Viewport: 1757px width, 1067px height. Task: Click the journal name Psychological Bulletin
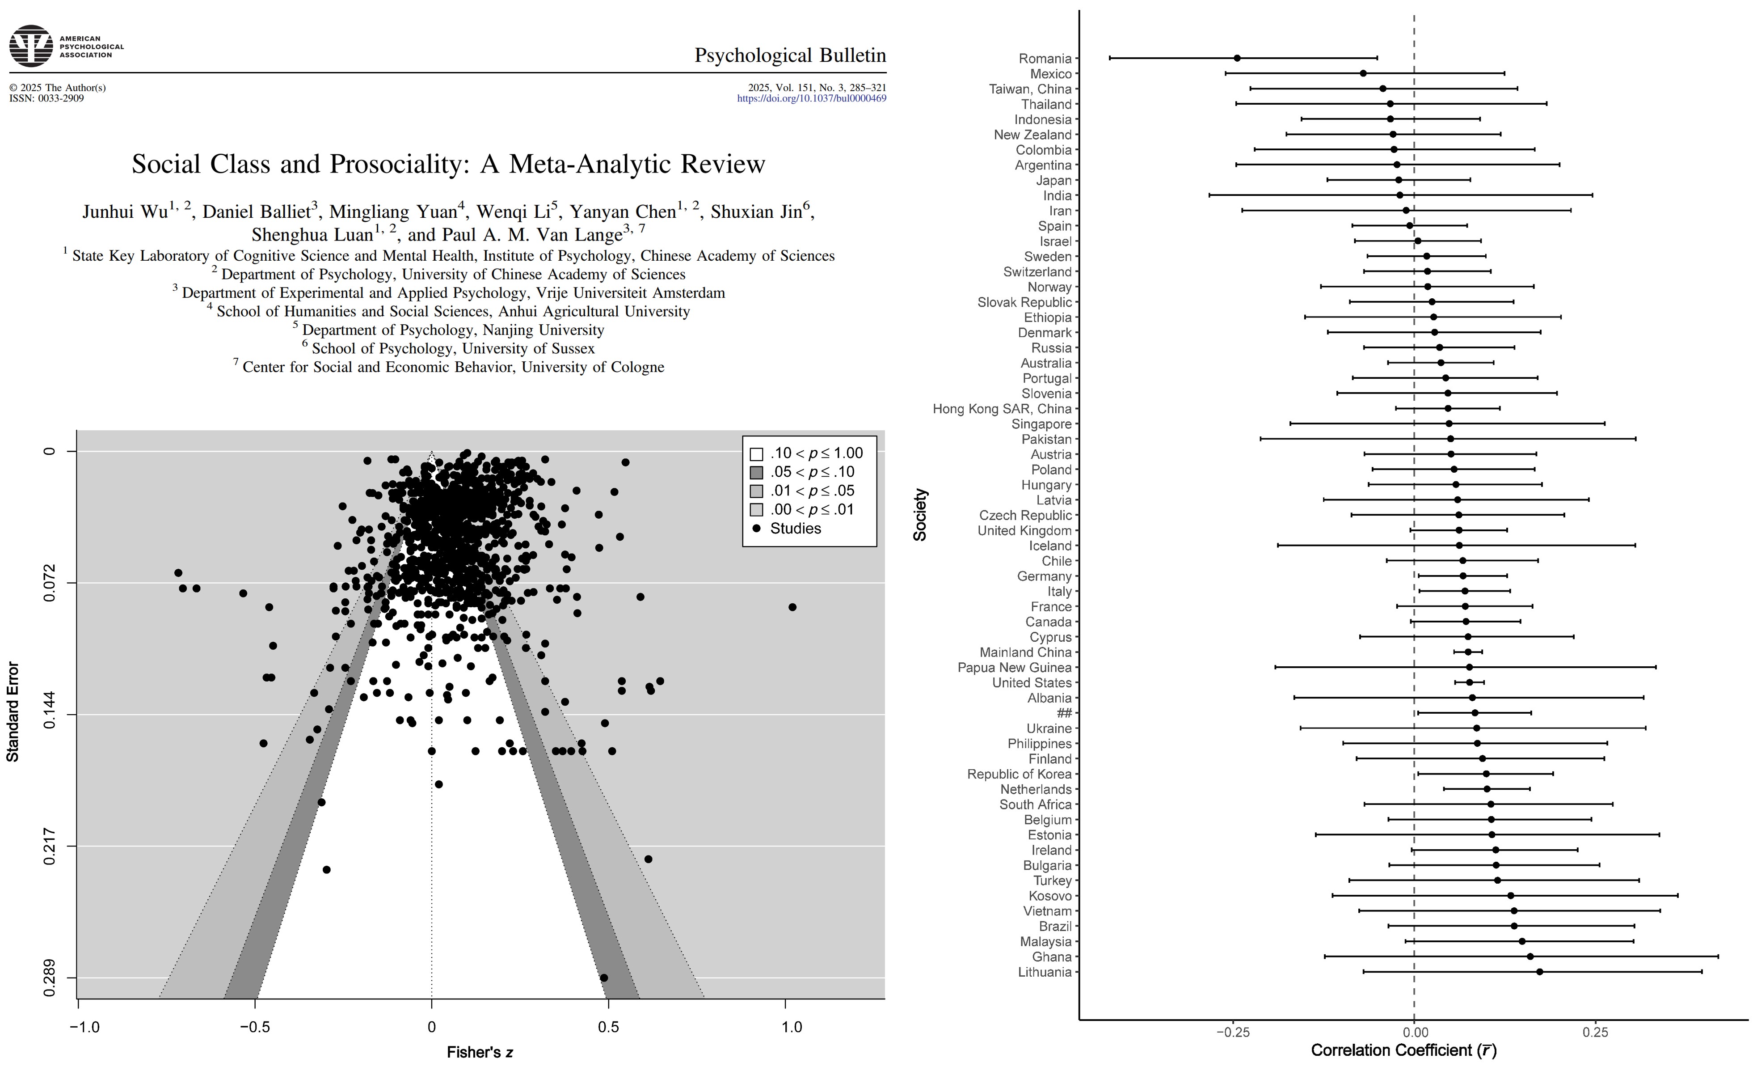click(x=790, y=55)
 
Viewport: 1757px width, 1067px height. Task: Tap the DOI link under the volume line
click(x=812, y=98)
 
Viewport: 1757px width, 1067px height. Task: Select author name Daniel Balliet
click(x=257, y=212)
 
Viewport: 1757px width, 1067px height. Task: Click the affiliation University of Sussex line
click(x=453, y=348)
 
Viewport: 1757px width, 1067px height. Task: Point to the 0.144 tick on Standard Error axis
click(x=50, y=715)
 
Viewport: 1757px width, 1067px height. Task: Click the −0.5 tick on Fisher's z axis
click(x=255, y=1027)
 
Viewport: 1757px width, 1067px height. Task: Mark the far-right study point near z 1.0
click(x=792, y=607)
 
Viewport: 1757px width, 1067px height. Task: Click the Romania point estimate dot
click(x=1237, y=58)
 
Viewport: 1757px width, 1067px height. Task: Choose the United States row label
click(x=1032, y=682)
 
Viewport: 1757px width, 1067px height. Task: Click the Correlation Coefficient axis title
click(x=1403, y=1050)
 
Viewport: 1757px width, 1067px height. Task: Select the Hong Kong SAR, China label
click(x=1002, y=409)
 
